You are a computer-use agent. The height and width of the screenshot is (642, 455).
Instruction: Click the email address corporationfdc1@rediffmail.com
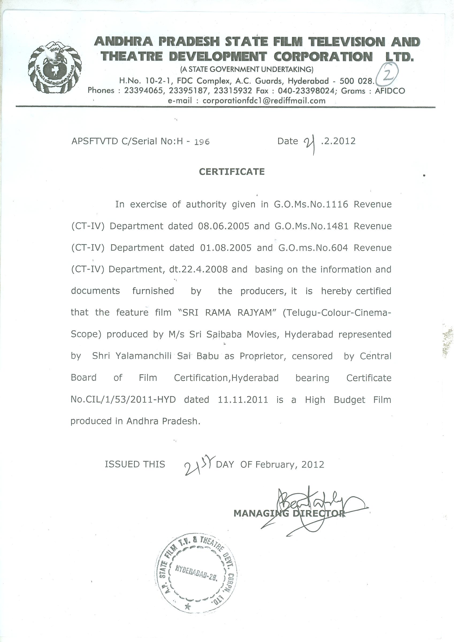click(x=264, y=101)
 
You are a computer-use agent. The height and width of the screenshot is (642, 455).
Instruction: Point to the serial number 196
click(x=202, y=142)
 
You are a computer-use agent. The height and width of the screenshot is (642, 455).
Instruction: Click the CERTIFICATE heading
click(x=232, y=172)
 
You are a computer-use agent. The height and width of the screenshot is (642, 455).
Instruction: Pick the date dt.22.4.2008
click(x=198, y=269)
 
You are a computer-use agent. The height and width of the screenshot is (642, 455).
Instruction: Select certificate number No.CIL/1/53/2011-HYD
click(x=123, y=400)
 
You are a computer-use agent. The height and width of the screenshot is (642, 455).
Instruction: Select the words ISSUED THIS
click(x=135, y=464)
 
